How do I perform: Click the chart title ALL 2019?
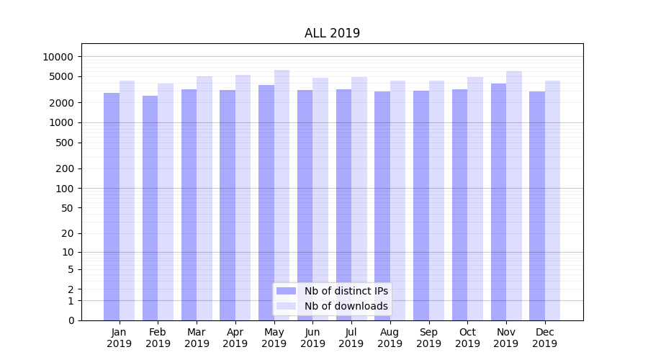click(x=332, y=33)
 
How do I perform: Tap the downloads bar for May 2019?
click(x=282, y=194)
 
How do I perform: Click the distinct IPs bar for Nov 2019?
click(x=498, y=202)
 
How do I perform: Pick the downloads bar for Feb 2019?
click(x=166, y=202)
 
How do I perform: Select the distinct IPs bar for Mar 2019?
click(x=189, y=204)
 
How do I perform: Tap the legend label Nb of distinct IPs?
click(x=346, y=291)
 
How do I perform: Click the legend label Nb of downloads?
click(x=346, y=306)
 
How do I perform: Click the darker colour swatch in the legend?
click(x=287, y=291)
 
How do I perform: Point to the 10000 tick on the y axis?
click(x=58, y=57)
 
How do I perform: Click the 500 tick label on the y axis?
click(x=64, y=143)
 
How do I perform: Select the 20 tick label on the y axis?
click(x=67, y=233)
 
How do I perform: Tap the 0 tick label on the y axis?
click(x=71, y=320)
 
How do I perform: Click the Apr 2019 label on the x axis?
click(x=235, y=338)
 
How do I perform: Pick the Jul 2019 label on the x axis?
click(x=351, y=338)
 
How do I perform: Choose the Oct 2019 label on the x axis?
click(x=467, y=338)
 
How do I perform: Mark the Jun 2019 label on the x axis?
click(x=312, y=338)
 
